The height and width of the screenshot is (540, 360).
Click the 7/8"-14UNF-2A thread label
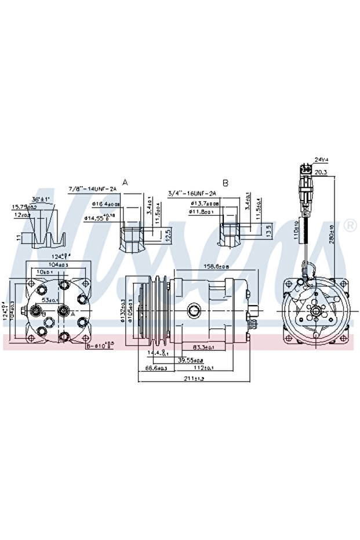tap(93, 189)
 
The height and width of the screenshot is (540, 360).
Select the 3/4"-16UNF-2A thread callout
tap(192, 193)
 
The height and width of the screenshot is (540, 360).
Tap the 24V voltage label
tap(321, 159)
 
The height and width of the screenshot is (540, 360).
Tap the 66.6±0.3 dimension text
tap(156, 368)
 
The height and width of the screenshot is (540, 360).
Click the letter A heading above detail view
tap(125, 182)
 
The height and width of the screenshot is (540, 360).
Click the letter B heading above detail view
tap(226, 183)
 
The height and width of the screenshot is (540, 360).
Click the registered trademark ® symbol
tap(350, 226)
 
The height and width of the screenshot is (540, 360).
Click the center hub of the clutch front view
tap(315, 311)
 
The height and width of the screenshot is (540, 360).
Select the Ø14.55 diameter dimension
tap(101, 218)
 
